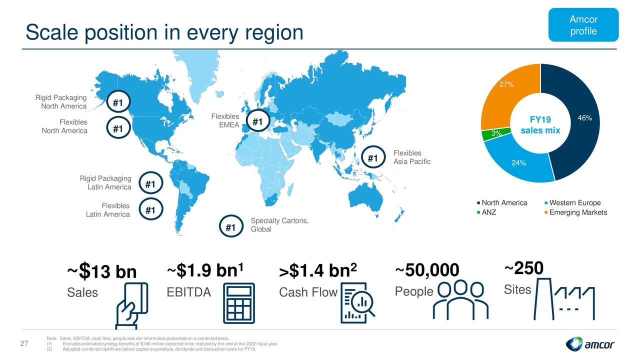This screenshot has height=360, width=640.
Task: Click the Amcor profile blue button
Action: coord(583,25)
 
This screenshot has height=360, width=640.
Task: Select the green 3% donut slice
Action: coord(496,133)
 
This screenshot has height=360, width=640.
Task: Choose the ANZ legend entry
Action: coord(486,212)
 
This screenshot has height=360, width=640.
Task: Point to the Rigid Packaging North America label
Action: coord(61,101)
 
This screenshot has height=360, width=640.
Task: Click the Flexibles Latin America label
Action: coord(107,210)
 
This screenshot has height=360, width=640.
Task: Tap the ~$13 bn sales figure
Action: coord(101,271)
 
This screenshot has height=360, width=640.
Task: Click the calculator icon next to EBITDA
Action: coord(239,303)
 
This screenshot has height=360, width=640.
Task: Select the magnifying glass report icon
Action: coord(357,303)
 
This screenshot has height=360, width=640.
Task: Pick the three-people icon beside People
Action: coord(460,300)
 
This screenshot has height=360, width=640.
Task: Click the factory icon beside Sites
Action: coord(564,299)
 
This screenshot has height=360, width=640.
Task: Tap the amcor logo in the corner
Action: coord(589,344)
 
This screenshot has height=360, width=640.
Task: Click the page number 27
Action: coord(24,343)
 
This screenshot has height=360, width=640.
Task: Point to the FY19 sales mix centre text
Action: coord(540,125)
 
